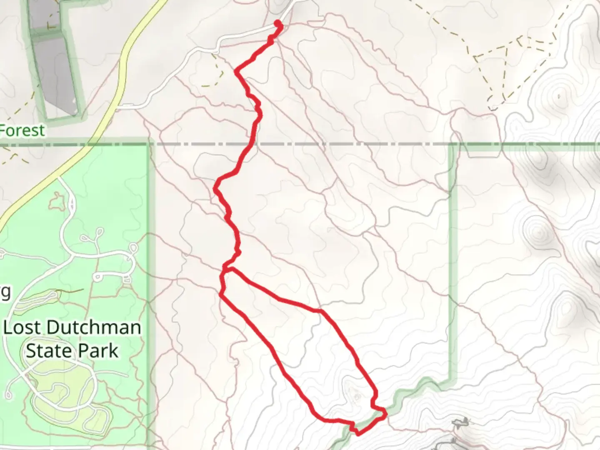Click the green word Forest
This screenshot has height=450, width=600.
coord(22,130)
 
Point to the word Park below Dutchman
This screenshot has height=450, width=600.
coord(98,351)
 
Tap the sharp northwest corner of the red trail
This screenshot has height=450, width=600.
coord(236,71)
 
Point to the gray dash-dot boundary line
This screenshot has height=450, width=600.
coord(333,144)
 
